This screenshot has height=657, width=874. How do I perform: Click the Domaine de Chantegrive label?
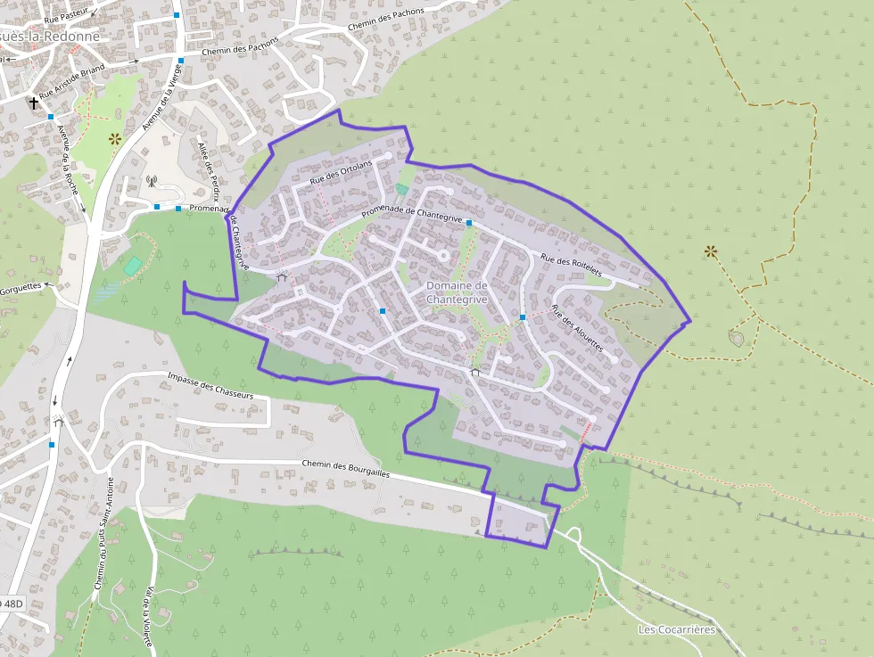point(457,292)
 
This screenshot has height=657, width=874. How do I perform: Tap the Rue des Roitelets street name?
point(572,264)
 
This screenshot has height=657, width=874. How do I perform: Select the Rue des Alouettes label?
point(578,329)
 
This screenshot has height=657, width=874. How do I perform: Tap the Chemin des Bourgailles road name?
point(346,468)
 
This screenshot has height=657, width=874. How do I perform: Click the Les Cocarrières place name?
point(677,629)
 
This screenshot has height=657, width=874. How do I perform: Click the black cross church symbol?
point(33,103)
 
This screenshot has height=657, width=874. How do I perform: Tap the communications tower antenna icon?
point(152,182)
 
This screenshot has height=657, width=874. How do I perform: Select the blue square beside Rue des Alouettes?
point(523,317)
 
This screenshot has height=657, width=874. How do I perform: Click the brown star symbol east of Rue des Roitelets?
point(710,251)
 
